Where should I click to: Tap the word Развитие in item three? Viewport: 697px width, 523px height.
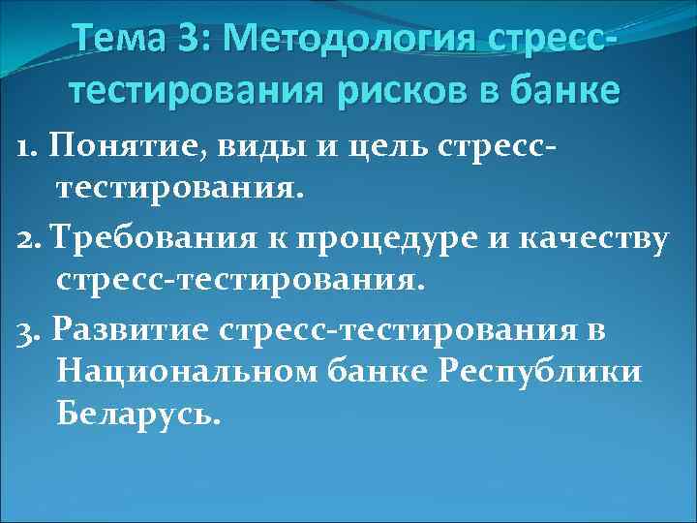click(131, 329)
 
